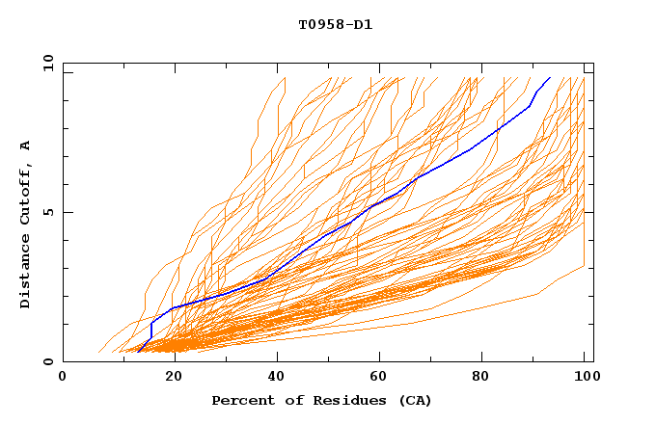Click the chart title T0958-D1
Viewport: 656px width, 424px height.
coord(335,24)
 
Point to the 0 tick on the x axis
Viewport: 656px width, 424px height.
coord(63,378)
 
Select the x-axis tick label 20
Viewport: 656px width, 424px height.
coord(173,378)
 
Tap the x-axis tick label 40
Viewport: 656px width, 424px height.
coord(277,378)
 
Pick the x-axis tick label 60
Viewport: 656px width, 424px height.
coord(381,378)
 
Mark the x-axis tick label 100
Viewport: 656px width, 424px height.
coord(585,378)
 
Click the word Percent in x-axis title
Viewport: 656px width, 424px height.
coord(240,400)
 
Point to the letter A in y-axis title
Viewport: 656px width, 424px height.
coord(26,146)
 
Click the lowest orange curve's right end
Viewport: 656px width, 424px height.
coord(585,266)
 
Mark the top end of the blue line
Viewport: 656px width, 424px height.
coord(550,77)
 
